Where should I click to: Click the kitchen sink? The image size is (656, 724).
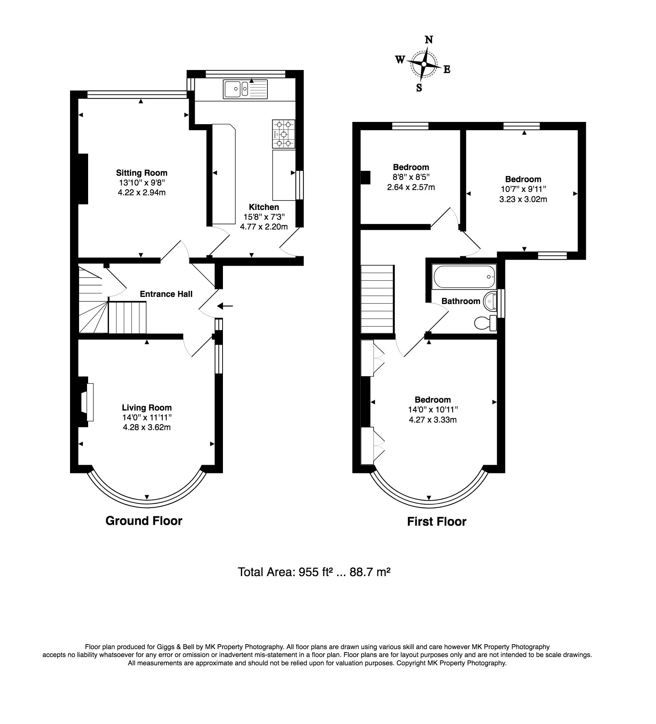click(245, 89)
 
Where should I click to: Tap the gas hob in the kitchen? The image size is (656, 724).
click(284, 134)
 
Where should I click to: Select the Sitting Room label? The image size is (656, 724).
click(142, 173)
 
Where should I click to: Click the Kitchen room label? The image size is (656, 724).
click(264, 207)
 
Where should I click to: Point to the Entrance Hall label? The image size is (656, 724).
click(166, 294)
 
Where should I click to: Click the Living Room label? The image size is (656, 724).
click(147, 408)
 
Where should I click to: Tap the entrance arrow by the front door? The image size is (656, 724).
click(226, 306)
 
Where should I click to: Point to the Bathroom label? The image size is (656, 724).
click(461, 301)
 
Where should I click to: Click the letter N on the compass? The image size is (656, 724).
click(429, 40)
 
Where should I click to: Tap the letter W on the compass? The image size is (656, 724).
click(400, 59)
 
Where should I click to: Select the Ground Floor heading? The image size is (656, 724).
click(144, 521)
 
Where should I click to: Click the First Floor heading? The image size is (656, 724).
click(437, 522)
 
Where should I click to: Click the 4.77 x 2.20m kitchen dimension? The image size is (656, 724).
click(264, 227)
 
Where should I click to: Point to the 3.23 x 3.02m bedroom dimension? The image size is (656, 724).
click(523, 199)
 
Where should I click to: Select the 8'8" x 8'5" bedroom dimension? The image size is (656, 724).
click(411, 177)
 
